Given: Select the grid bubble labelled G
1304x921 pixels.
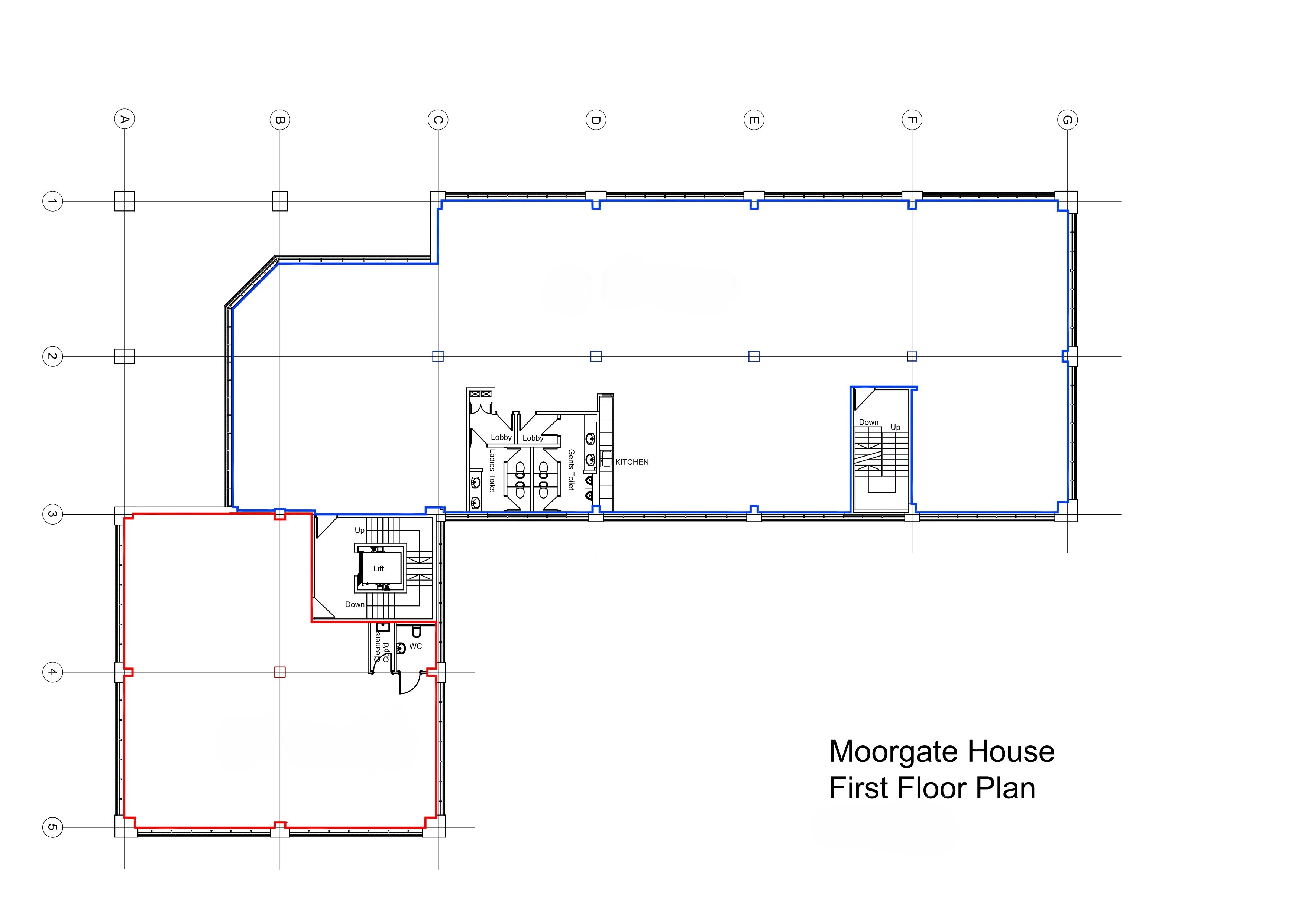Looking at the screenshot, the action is click(1067, 120).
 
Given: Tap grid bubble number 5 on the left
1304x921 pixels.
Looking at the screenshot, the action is click(52, 827).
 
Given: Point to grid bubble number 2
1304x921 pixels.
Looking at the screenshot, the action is click(52, 356).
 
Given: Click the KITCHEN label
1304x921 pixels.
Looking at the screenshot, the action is click(631, 462).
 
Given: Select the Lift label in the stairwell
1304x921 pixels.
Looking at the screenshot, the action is click(378, 569).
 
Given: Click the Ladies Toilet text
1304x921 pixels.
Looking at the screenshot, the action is click(492, 470).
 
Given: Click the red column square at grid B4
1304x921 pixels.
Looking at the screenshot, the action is click(279, 672).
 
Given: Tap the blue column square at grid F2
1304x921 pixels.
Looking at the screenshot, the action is click(912, 356).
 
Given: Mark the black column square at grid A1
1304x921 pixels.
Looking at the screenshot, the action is click(124, 201).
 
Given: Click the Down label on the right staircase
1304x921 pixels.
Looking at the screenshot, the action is click(868, 422).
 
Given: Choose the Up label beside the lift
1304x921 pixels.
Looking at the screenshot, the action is click(359, 530).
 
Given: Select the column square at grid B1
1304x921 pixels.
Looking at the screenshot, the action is click(279, 201).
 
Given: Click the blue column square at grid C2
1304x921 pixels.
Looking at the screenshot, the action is click(437, 356).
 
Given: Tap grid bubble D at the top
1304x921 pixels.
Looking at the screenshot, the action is click(596, 120).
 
